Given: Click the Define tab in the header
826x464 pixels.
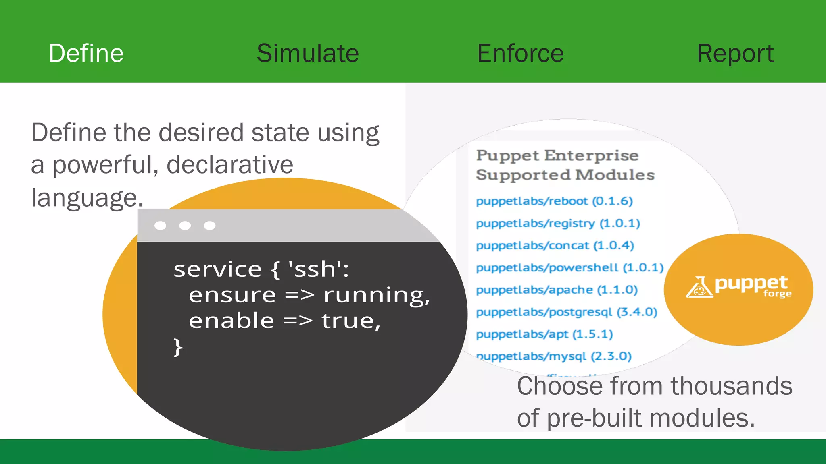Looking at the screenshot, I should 86,53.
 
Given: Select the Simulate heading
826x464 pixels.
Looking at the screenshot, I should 308,53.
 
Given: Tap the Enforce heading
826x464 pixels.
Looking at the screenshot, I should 520,53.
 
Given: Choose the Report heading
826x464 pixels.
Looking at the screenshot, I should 735,53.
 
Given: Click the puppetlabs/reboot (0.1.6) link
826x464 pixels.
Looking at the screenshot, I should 554,201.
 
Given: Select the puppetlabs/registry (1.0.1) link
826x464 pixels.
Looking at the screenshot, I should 558,223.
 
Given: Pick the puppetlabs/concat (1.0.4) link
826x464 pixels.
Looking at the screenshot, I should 555,245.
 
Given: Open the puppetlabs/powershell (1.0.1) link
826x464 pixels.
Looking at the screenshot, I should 569,267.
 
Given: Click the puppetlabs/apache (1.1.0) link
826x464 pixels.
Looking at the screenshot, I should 557,290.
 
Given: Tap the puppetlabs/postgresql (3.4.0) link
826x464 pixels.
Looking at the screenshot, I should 567,312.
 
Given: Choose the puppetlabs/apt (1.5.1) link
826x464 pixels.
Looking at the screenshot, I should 544,334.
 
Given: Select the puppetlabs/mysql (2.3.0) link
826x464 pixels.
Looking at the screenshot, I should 554,356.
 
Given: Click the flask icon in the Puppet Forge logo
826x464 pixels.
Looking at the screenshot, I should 699,287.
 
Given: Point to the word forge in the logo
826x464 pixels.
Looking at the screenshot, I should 777,294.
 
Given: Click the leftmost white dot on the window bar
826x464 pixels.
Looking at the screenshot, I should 160,226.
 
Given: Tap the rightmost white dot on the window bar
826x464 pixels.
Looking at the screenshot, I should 210,226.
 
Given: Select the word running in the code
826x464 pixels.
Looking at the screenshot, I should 376,295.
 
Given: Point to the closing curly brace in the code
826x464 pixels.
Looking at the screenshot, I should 178,347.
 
